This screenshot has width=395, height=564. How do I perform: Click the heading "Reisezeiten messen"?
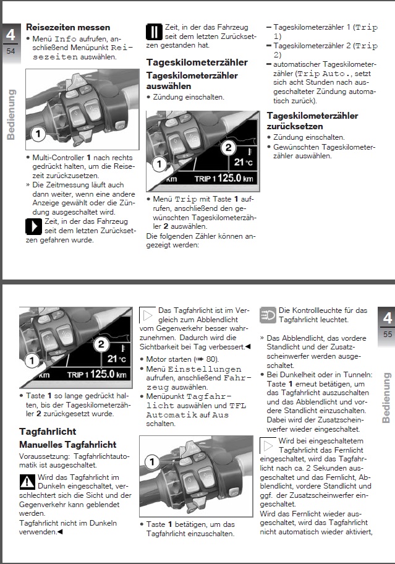pos(68,27)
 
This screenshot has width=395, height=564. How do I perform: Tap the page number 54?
pos(11,51)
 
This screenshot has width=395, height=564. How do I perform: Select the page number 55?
pos(388,335)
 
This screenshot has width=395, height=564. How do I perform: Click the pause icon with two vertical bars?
pos(154,32)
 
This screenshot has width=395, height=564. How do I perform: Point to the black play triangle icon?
pos(34,226)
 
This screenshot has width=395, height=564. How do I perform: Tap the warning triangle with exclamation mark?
pos(27,482)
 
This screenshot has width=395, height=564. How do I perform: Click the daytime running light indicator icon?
pos(268,315)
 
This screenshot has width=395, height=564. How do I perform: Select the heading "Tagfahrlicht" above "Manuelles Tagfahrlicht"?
pos(48,431)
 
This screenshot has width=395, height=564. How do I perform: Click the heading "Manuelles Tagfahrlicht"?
pos(67,445)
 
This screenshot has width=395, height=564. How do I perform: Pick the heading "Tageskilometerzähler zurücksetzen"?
pos(312,121)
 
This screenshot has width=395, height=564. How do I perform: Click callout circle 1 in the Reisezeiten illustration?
pos(38,135)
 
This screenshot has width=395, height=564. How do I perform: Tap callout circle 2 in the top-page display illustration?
pos(229,147)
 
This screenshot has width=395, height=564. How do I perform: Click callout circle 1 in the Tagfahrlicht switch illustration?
pos(152,461)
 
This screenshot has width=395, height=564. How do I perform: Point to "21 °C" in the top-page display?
pos(244,162)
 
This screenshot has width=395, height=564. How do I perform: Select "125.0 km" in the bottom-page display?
pos(108,374)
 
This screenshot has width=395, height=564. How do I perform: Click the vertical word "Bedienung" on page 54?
pos(11,114)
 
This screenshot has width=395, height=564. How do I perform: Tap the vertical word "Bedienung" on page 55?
pos(386,398)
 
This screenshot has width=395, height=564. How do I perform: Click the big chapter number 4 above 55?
pos(388,318)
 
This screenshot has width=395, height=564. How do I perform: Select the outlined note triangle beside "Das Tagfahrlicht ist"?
pos(147,315)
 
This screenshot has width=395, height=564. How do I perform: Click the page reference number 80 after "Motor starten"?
pos(211,359)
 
